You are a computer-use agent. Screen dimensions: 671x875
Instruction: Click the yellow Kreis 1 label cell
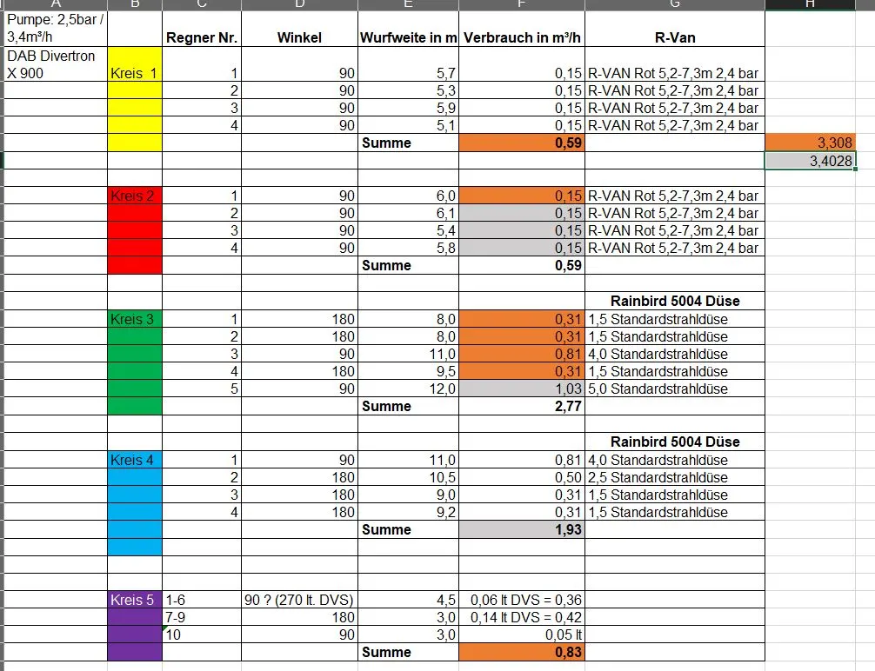pyautogui.click(x=134, y=73)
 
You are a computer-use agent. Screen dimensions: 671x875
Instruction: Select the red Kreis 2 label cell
pyautogui.click(x=134, y=196)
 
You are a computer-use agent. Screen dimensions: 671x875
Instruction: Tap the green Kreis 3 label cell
pyautogui.click(x=134, y=319)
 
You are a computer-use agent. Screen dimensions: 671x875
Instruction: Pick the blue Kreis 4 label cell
pyautogui.click(x=134, y=460)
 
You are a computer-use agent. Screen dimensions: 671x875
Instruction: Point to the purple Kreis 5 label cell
pyautogui.click(x=134, y=600)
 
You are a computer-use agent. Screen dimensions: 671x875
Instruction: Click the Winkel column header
pyautogui.click(x=300, y=37)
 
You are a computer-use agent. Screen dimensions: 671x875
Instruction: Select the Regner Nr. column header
pyautogui.click(x=202, y=37)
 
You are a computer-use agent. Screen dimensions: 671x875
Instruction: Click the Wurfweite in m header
pyautogui.click(x=408, y=37)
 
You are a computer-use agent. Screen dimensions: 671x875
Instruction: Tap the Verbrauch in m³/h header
pyautogui.click(x=522, y=37)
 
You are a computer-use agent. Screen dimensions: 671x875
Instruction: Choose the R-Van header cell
pyautogui.click(x=674, y=37)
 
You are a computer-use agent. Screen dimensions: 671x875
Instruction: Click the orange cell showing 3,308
pyautogui.click(x=811, y=143)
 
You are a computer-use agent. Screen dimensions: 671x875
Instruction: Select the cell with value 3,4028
pyautogui.click(x=811, y=161)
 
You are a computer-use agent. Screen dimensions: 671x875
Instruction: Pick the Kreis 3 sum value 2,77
pyautogui.click(x=522, y=407)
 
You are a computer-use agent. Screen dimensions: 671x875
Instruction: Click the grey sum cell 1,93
pyautogui.click(x=522, y=529)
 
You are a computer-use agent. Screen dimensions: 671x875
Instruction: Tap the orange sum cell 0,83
pyautogui.click(x=522, y=652)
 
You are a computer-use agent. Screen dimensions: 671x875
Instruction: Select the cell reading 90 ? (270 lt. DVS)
pyautogui.click(x=300, y=600)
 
